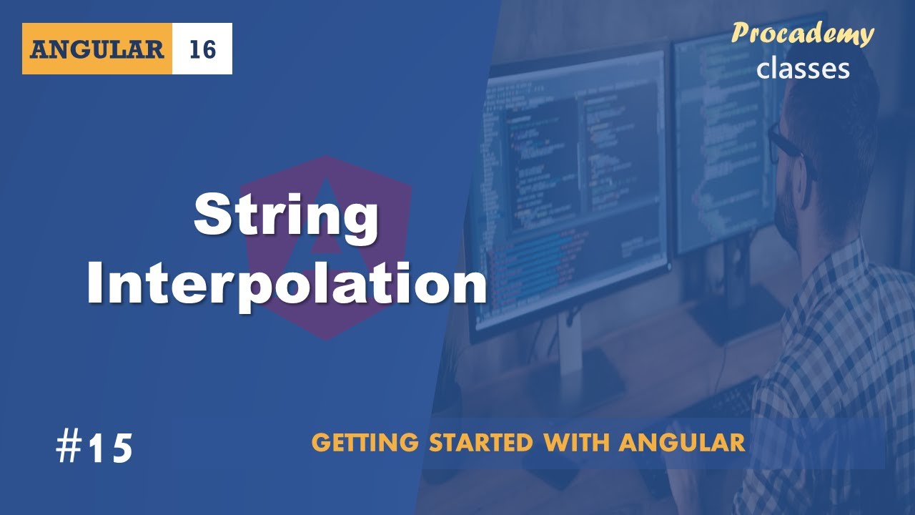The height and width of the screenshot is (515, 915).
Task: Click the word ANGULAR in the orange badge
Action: tap(97, 49)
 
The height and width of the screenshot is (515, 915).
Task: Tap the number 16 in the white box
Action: tap(202, 49)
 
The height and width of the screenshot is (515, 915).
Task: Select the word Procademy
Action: tap(802, 34)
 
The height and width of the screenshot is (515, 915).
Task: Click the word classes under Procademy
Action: tap(803, 68)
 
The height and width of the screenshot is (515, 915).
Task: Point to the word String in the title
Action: tap(286, 217)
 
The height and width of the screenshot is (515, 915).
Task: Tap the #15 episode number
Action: tap(95, 448)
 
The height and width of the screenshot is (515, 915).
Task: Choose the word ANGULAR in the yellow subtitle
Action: tap(682, 443)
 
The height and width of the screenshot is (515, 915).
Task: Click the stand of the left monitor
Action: tap(572, 358)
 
